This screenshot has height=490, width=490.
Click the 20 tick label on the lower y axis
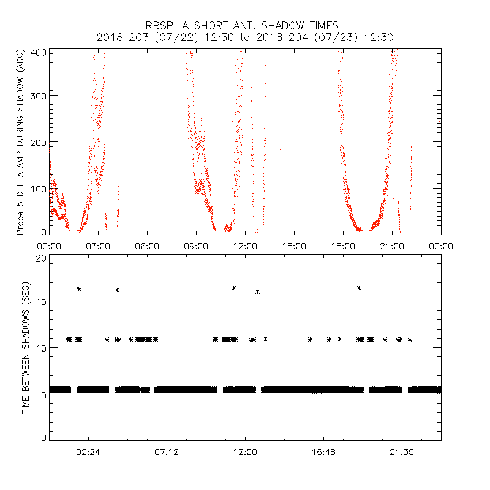[x=40, y=258]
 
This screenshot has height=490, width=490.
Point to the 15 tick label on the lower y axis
[x=40, y=302]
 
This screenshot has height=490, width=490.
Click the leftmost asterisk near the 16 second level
[x=78, y=288]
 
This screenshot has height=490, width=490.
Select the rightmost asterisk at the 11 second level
[x=410, y=340]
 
